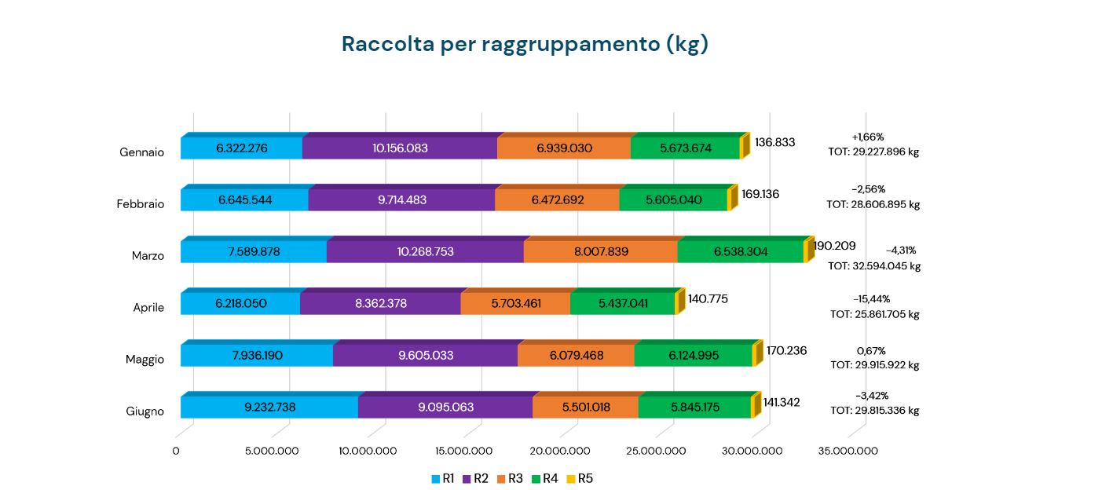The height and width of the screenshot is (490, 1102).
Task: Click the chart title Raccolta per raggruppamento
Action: (525, 44)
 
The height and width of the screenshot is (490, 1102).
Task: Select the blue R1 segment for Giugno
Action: (269, 407)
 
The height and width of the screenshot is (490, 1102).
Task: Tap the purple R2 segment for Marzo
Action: (425, 251)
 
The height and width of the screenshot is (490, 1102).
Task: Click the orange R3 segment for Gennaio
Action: (564, 148)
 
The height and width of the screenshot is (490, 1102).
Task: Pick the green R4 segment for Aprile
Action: (623, 303)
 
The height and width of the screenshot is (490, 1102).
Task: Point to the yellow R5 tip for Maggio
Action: (756, 355)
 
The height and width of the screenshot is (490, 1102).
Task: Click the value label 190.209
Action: (834, 246)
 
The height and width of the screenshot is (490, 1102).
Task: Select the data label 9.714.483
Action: (401, 199)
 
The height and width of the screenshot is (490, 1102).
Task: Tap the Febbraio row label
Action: (141, 204)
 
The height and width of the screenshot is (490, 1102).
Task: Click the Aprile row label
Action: (148, 308)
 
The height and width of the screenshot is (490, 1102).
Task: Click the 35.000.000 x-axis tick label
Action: (848, 451)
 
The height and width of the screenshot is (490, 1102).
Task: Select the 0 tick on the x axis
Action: (176, 451)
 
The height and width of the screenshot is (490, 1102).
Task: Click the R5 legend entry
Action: (580, 478)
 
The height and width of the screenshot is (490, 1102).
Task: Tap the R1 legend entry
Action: (443, 478)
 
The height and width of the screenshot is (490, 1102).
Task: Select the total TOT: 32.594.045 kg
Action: (874, 266)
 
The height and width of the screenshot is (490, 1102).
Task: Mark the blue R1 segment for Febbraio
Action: (245, 199)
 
